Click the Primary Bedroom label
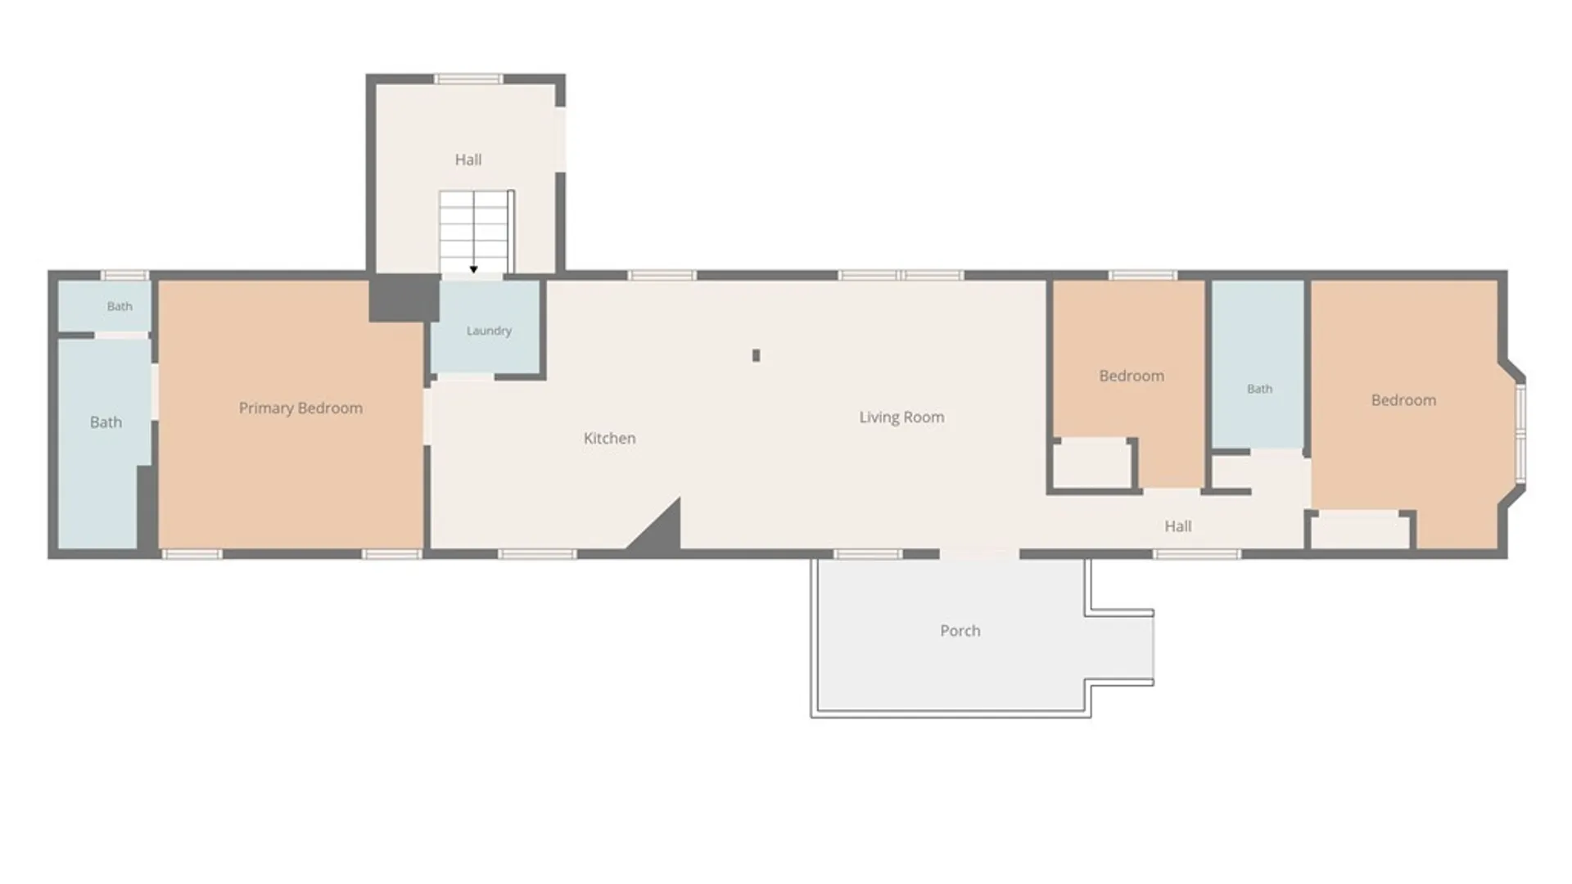click(300, 408)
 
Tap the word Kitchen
click(609, 439)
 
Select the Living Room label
click(901, 417)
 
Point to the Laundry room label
click(489, 331)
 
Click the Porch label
click(960, 631)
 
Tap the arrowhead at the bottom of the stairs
click(473, 269)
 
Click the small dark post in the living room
click(756, 355)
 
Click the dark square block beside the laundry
click(404, 298)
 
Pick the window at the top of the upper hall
click(468, 79)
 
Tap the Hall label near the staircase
click(468, 160)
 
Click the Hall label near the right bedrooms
click(1178, 526)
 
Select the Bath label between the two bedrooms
click(1259, 389)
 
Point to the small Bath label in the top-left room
click(120, 306)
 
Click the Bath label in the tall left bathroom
click(106, 422)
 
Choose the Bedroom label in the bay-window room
click(1403, 400)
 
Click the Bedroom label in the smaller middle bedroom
click(1132, 376)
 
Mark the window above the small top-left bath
click(125, 275)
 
